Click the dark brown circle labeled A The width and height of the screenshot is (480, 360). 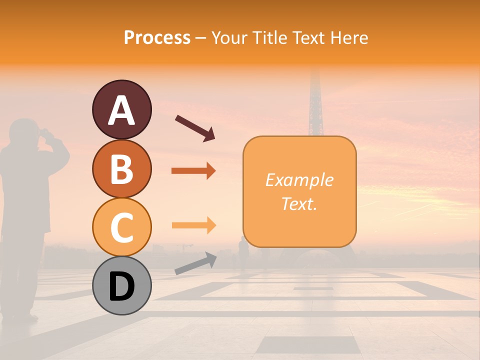click(121, 109)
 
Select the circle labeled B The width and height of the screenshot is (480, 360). click(121, 168)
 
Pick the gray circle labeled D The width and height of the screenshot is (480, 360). click(121, 285)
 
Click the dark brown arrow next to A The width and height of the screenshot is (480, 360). click(195, 127)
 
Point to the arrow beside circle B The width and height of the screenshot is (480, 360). click(193, 171)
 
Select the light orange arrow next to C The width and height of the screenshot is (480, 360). click(193, 225)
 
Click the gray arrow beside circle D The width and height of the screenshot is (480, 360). click(195, 263)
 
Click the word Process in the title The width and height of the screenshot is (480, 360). click(157, 37)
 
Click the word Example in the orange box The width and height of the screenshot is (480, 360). click(299, 180)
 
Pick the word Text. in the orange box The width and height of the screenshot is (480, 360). click(299, 203)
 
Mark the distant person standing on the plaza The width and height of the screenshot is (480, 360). click(243, 252)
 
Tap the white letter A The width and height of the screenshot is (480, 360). click(121, 110)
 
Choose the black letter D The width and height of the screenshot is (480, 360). click(121, 286)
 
